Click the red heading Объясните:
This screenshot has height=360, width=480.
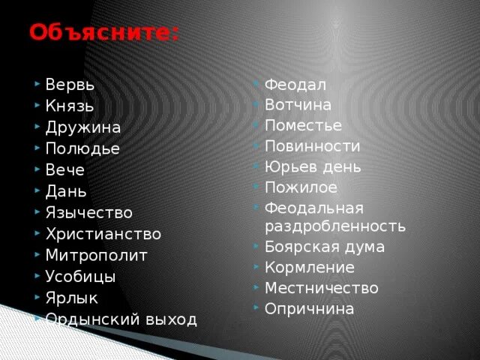(x=104, y=33)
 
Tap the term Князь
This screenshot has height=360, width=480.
(x=70, y=106)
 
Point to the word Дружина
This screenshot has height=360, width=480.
(x=83, y=127)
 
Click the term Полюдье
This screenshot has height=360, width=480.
(x=82, y=148)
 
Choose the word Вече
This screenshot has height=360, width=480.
(x=64, y=170)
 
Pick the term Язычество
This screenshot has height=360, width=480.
(x=88, y=213)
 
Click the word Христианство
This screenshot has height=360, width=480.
(x=103, y=234)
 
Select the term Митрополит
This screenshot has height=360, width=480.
(x=97, y=255)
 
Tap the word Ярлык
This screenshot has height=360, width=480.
(x=72, y=298)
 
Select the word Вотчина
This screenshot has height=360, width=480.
(x=298, y=105)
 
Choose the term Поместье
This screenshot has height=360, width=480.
(x=303, y=125)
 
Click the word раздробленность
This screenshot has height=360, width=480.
(x=335, y=226)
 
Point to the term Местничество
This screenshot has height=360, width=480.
(x=321, y=288)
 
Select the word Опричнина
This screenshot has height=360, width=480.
(x=309, y=308)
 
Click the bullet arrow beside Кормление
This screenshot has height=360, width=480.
(x=256, y=266)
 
